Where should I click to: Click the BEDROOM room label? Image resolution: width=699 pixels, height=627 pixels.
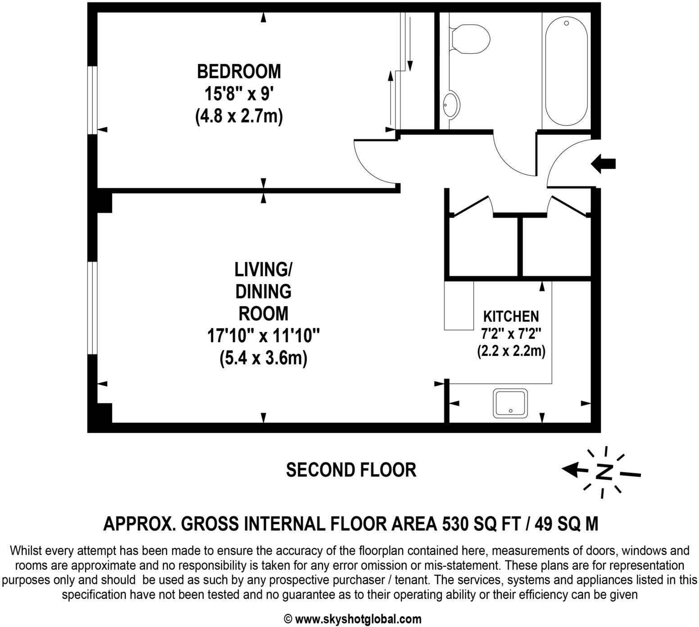point(239,72)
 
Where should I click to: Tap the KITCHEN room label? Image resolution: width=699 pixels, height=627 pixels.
point(511,316)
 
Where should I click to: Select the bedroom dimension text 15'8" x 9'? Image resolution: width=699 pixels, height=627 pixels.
point(239,94)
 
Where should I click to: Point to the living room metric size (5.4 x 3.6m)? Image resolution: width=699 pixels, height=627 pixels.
point(263,359)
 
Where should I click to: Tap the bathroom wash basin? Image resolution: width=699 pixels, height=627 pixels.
point(451,104)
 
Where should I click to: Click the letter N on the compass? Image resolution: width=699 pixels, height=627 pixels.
point(604,472)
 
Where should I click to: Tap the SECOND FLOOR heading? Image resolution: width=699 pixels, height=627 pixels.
point(351,470)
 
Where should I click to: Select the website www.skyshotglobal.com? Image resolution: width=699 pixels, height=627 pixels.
point(358,619)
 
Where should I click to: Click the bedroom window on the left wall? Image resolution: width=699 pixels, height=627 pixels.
point(92,100)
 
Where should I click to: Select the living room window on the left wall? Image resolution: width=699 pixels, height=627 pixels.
point(92,308)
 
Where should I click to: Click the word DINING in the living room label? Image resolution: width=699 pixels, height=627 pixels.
point(263,291)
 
